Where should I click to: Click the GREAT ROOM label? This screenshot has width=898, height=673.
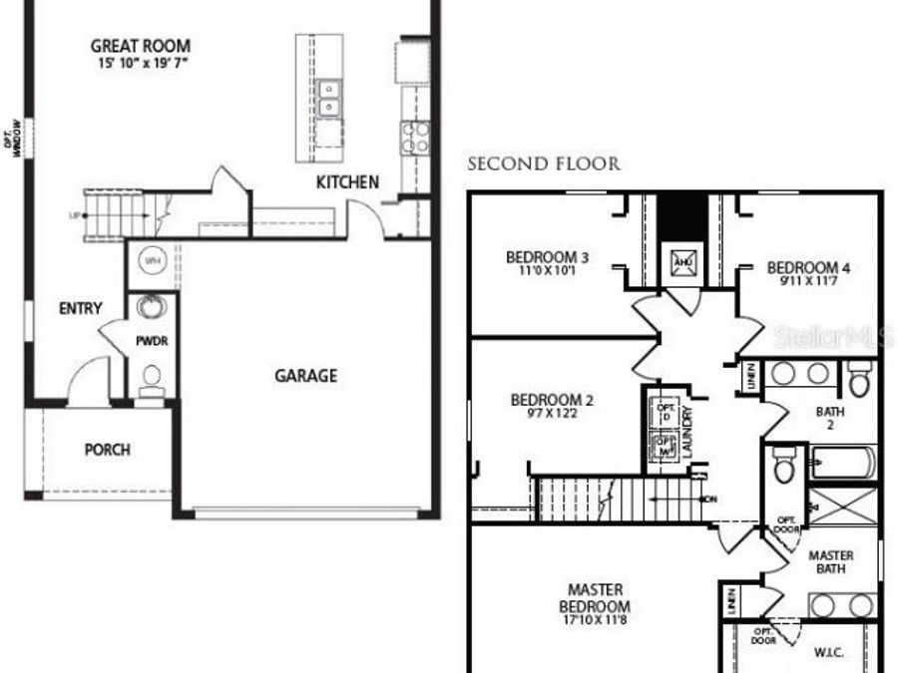pos(140,46)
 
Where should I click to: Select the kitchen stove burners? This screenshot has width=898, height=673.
pos(415,137)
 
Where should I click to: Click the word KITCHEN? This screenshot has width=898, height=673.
pos(347,182)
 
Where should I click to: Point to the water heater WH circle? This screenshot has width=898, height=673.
pos(153,261)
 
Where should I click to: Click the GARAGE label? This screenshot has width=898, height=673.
pos(305,376)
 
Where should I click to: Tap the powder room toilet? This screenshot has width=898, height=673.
pos(152,378)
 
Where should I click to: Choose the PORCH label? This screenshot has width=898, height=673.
pos(107,450)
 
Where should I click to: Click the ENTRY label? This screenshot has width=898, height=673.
pos(80,309)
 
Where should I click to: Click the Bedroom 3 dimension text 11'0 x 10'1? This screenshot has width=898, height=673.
pos(548,270)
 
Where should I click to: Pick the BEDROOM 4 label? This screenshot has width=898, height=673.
pos(809,267)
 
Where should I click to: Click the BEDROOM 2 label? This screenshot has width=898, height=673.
pos(552,401)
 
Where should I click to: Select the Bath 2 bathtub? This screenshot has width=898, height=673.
pos(843,463)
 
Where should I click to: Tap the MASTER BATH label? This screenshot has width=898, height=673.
pos(830,562)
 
